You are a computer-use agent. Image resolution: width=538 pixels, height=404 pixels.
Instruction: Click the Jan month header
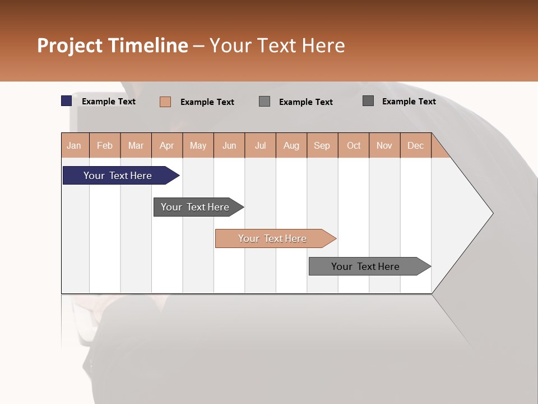pyautogui.click(x=74, y=146)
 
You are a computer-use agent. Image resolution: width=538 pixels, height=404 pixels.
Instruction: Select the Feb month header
pyautogui.click(x=105, y=146)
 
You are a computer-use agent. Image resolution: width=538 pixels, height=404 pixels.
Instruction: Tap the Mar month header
pyautogui.click(x=136, y=146)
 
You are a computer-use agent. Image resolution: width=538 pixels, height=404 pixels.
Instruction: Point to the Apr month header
pyautogui.click(x=167, y=146)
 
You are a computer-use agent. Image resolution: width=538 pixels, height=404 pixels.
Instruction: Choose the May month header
pyautogui.click(x=198, y=146)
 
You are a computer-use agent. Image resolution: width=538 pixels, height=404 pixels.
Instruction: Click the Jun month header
pyautogui.click(x=229, y=146)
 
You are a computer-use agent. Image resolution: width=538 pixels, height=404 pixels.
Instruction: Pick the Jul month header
pyautogui.click(x=260, y=146)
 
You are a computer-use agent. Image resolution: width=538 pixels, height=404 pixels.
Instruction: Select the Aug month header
pyautogui.click(x=291, y=146)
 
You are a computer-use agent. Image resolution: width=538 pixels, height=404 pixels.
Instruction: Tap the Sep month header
pyautogui.click(x=322, y=146)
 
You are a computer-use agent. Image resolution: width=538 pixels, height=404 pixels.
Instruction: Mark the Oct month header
pyautogui.click(x=354, y=146)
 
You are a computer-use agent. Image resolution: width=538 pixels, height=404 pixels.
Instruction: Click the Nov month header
pyautogui.click(x=384, y=146)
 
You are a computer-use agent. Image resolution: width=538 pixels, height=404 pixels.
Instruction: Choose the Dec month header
pyautogui.click(x=415, y=146)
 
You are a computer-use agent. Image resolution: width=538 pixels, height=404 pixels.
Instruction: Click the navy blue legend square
pyautogui.click(x=67, y=101)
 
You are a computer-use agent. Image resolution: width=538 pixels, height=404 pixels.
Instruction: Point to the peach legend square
pyautogui.click(x=165, y=102)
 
